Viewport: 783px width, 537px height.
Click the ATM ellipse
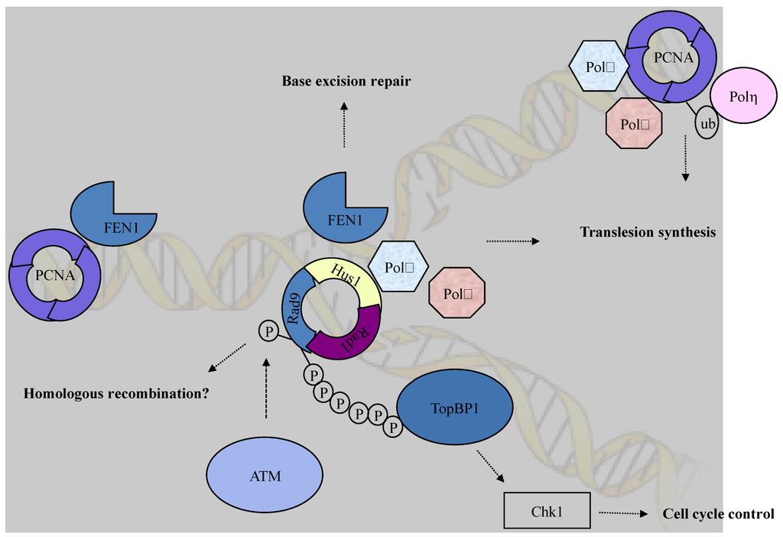(265, 476)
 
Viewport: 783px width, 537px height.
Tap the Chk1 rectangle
(547, 511)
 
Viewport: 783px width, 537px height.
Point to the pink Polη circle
(743, 96)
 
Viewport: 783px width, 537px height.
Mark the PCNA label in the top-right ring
(671, 54)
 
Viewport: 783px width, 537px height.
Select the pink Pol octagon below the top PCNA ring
(634, 122)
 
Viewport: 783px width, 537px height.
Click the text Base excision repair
(346, 80)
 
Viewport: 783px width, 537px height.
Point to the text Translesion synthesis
(647, 232)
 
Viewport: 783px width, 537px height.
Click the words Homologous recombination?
(117, 395)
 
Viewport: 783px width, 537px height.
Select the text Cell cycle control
(718, 514)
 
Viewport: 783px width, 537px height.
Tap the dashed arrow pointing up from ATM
(266, 389)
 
